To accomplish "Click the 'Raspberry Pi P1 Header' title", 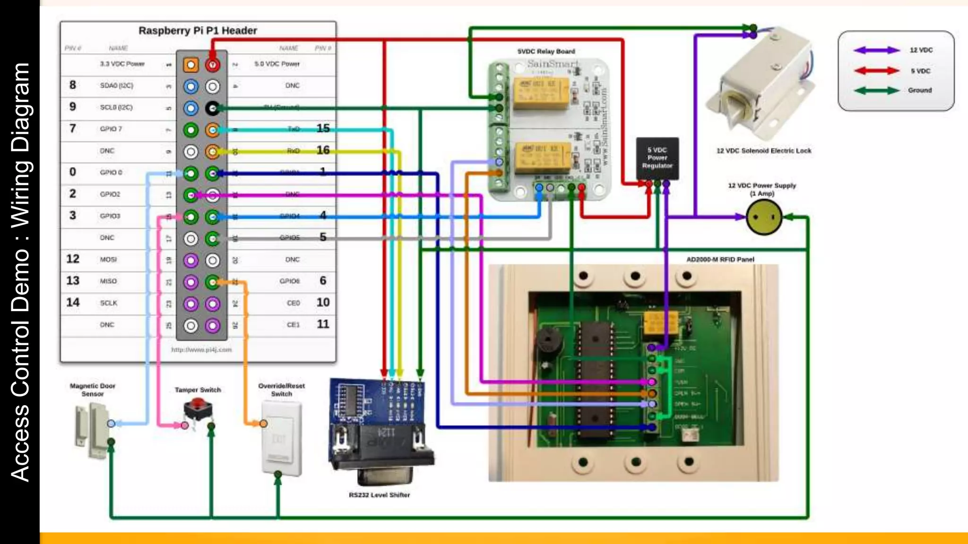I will coord(198,31).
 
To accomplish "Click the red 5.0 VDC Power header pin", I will coord(213,65).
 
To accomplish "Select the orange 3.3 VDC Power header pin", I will coord(190,65).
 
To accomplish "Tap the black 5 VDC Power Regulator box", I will coord(657,158).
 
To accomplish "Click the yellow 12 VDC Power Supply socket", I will coord(764,217).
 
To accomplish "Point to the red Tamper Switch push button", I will coord(198,405).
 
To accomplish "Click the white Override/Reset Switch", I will coord(282,438).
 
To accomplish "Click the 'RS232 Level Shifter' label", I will coord(380,495).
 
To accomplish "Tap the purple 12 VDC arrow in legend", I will coord(877,50).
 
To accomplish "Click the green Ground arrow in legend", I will coord(877,90).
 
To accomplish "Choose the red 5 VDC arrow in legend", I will coord(877,71).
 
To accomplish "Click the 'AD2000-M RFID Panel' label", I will coord(720,259).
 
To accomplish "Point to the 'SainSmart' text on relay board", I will coord(552,64).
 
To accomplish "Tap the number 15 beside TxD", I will coord(323,128).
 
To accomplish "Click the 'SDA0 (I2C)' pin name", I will coord(116,85).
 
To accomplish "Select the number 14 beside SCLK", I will coord(73,302).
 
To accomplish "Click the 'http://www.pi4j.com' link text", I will coord(201,350).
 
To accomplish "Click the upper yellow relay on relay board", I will coord(541,93).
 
